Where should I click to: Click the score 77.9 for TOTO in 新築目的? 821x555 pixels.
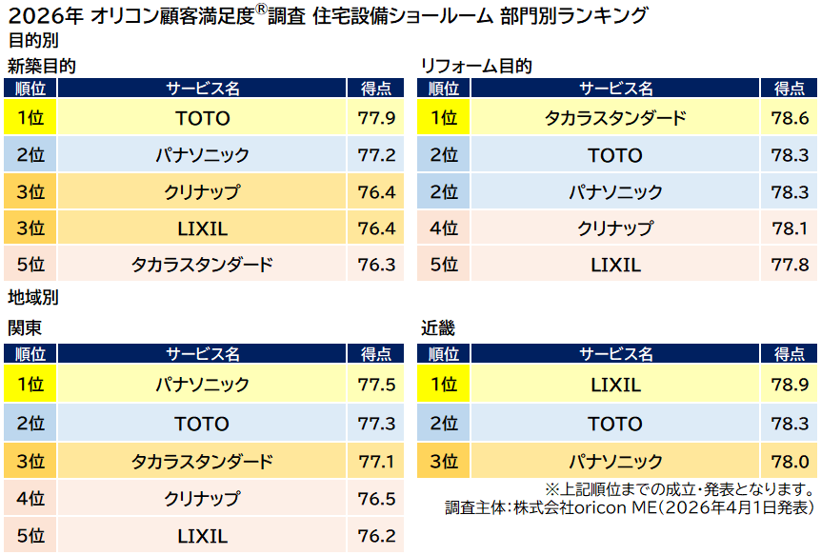[376, 118]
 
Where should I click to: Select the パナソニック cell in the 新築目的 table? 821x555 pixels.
[203, 155]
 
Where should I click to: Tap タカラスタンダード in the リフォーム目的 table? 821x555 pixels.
[615, 118]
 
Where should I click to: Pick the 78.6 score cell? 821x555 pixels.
[790, 118]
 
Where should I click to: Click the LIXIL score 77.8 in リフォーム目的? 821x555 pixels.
[790, 265]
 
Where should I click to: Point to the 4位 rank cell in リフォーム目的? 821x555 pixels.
[444, 228]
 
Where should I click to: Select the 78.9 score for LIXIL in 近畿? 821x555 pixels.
[790, 386]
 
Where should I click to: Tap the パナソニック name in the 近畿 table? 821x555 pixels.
[615, 462]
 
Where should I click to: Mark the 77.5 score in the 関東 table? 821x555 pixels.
[376, 386]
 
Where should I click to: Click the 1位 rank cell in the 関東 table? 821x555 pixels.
[30, 386]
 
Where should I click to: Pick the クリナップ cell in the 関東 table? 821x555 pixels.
[202, 499]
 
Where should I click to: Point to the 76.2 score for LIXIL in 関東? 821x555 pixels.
[376, 536]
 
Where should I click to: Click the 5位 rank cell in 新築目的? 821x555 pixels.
[30, 265]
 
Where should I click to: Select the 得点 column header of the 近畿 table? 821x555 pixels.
[790, 354]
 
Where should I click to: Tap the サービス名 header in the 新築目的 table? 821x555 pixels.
[203, 89]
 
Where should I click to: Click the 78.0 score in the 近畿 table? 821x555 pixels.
[790, 462]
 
